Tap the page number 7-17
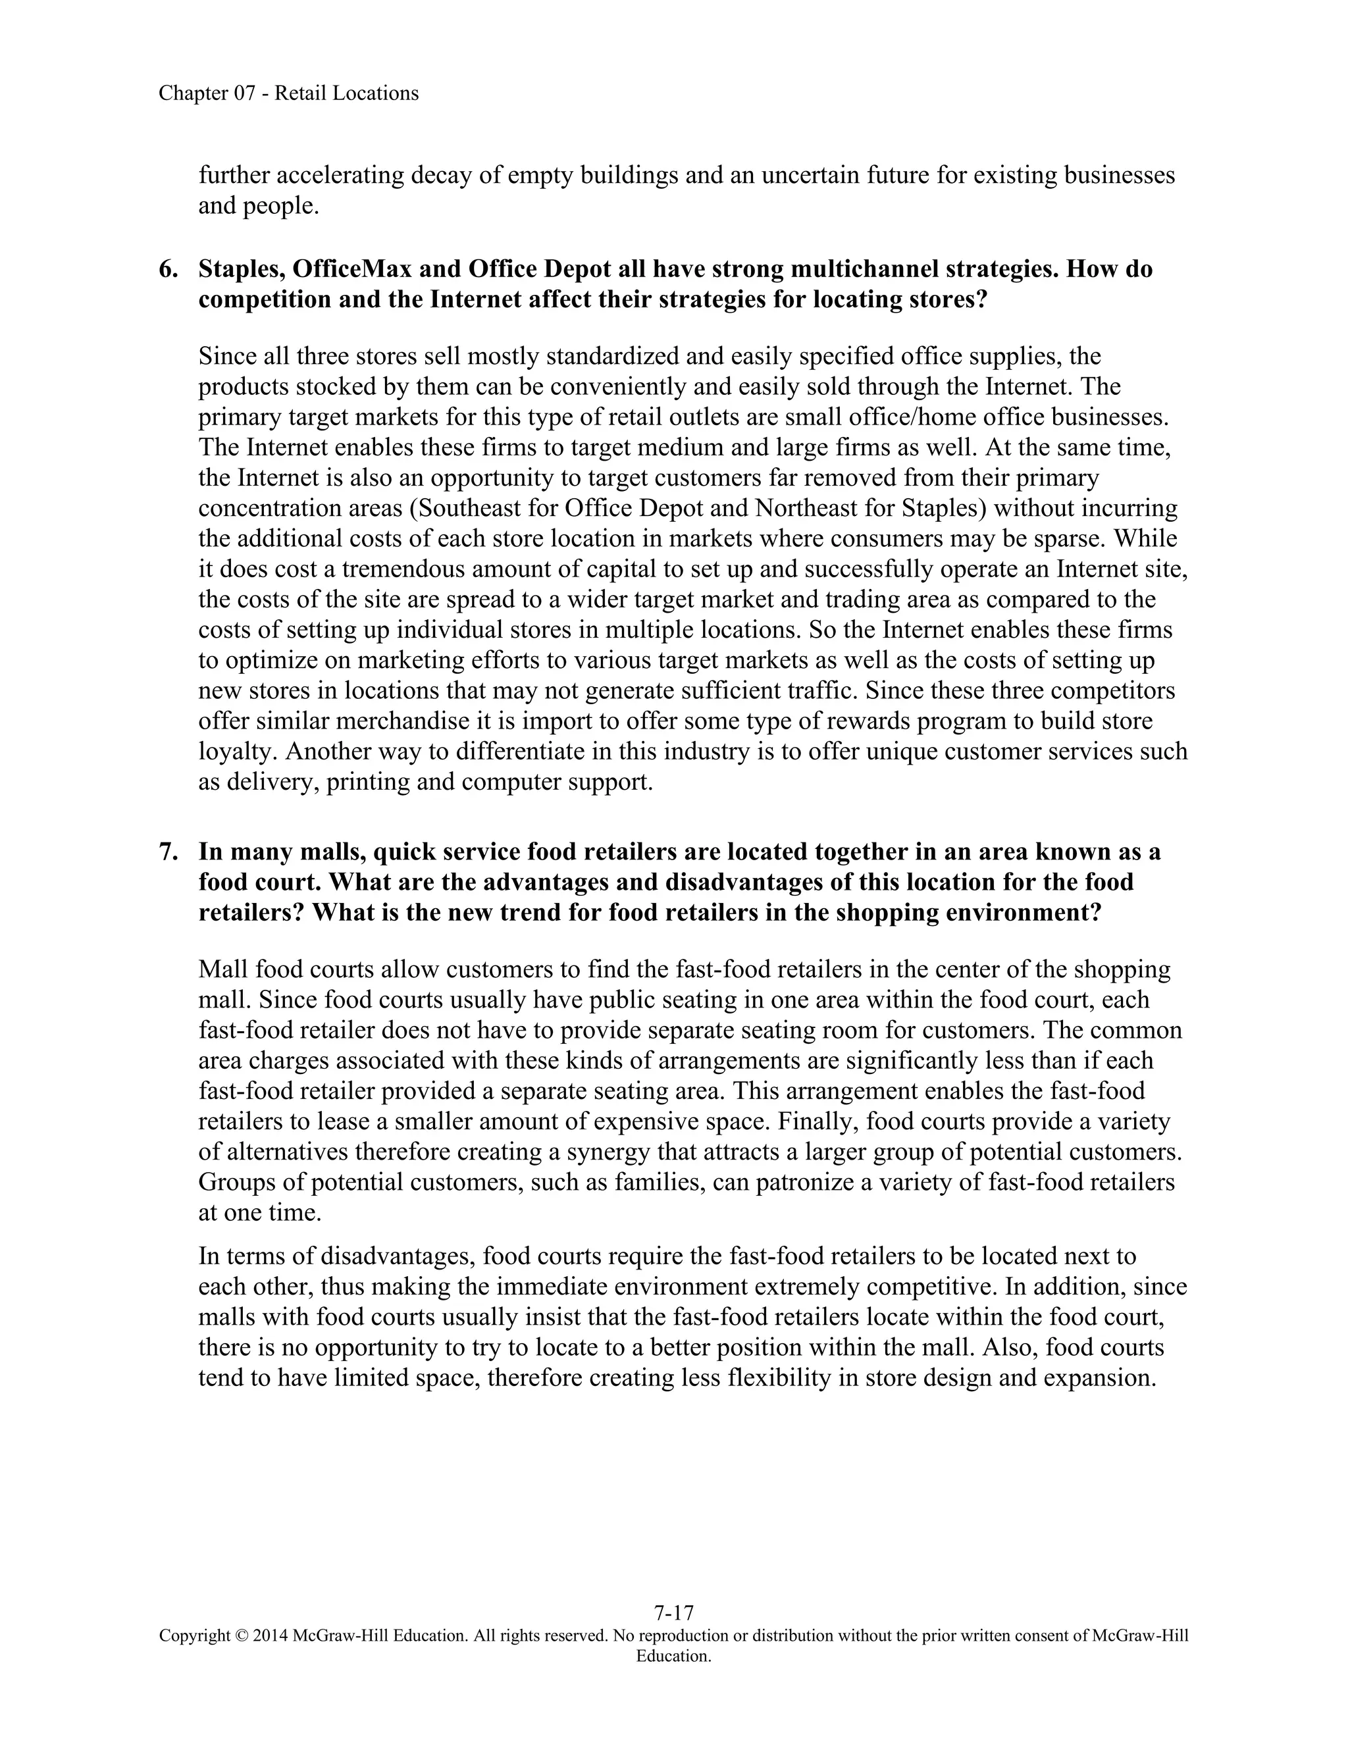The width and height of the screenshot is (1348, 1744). click(x=673, y=1612)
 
